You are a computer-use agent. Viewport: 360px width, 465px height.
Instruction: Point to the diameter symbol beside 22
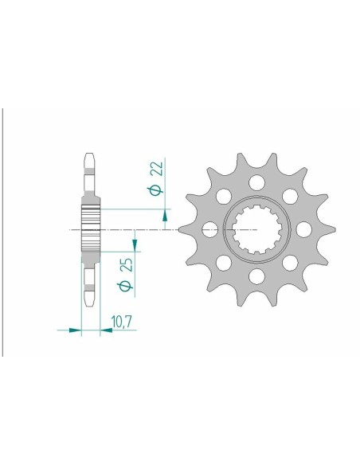pyautogui.click(x=157, y=190)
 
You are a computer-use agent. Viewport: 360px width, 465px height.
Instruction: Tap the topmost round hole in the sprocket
pyautogui.click(x=257, y=182)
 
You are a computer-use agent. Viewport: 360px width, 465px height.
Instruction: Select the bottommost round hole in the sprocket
pyautogui.click(x=257, y=277)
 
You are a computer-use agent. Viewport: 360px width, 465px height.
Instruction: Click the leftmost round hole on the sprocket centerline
pyautogui.click(x=210, y=230)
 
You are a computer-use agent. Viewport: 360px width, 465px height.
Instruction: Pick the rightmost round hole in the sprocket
pyautogui.click(x=304, y=230)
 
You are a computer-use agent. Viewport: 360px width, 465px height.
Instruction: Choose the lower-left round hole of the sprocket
pyautogui.click(x=224, y=264)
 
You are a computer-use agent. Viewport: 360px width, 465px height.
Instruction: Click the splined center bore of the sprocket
pyautogui.click(x=257, y=230)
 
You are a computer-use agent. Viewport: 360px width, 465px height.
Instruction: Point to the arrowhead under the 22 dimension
pyautogui.click(x=166, y=215)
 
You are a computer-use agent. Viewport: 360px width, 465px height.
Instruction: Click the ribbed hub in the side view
pyautogui.click(x=91, y=230)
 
